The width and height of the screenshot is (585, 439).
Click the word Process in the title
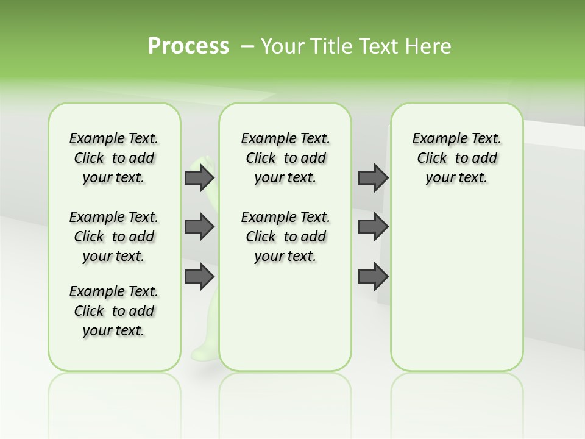pos(188,46)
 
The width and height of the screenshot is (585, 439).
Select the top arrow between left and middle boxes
pos(199,177)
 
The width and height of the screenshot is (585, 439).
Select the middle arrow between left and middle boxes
pos(199,227)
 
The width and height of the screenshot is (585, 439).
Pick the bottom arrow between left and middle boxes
pos(199,276)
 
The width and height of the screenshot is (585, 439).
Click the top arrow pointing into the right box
pos(374,177)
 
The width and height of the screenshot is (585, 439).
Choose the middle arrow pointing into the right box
pos(374,227)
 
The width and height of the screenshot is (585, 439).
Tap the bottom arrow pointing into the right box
pos(374,276)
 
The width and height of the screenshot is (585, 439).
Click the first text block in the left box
pos(114,158)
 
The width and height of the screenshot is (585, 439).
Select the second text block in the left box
pos(114,237)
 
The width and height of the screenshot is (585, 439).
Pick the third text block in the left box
pos(114,311)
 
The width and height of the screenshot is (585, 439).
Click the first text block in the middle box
pos(285,158)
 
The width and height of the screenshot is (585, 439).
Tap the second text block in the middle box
pos(285,237)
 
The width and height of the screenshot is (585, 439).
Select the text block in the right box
pos(456,158)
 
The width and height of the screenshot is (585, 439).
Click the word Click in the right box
pos(432,159)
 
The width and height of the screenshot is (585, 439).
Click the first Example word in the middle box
pos(266,139)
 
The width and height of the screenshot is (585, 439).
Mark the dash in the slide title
pos(247,46)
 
